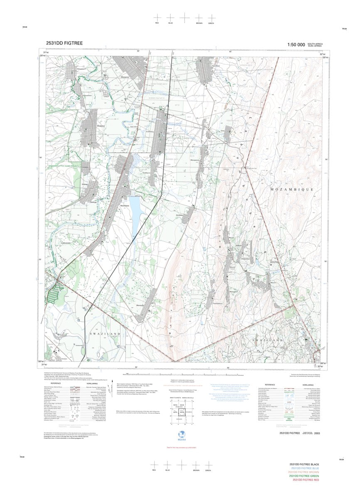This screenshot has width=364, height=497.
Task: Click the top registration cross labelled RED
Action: coord(157,17)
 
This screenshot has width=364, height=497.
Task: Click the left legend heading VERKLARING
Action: coord(92,384)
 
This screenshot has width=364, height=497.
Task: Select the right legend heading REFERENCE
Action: coord(270,385)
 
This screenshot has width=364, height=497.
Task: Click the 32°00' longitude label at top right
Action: coord(322,55)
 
